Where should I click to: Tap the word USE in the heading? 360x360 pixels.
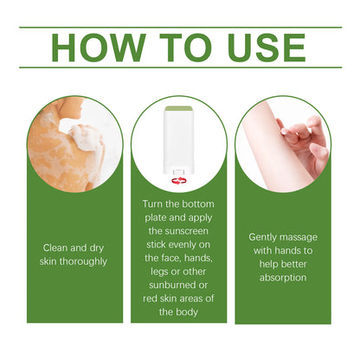262,48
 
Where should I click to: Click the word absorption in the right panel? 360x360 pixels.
284,278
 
